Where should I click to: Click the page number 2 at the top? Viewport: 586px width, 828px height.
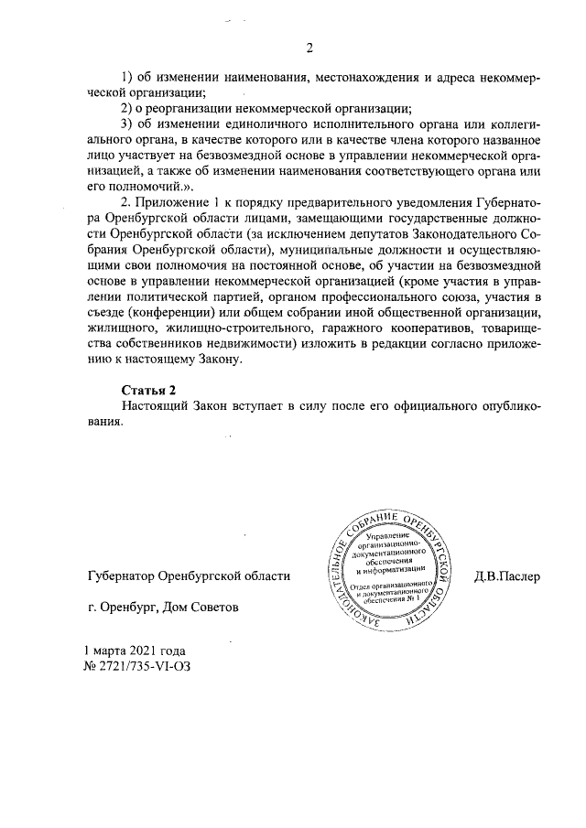coord(309,48)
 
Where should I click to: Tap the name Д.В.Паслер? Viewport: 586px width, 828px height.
coord(508,576)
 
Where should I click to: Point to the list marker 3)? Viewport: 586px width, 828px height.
coord(128,123)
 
